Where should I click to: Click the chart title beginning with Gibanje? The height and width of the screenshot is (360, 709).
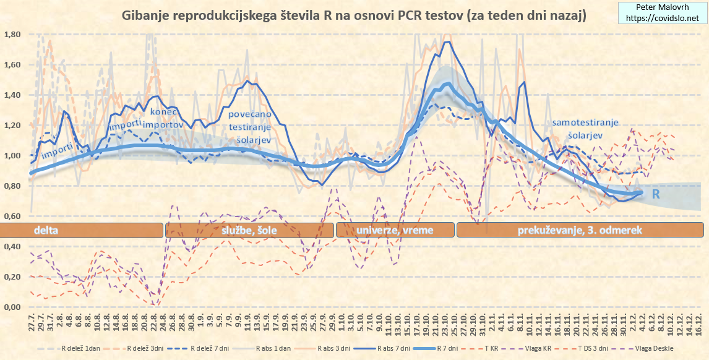pyautogui.click(x=354, y=14)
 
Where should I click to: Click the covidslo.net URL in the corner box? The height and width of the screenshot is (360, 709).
pyautogui.click(x=663, y=19)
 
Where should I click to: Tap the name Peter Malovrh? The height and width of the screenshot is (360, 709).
pyautogui.click(x=663, y=8)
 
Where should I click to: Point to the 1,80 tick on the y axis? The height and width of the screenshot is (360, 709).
pyautogui.click(x=13, y=35)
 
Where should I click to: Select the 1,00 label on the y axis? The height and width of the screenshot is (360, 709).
pyautogui.click(x=13, y=156)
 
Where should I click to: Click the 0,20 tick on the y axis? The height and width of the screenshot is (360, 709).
pyautogui.click(x=13, y=277)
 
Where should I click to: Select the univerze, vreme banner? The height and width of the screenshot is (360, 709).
pyautogui.click(x=395, y=230)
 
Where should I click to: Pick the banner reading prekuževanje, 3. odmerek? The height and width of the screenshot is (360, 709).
pyautogui.click(x=579, y=230)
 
